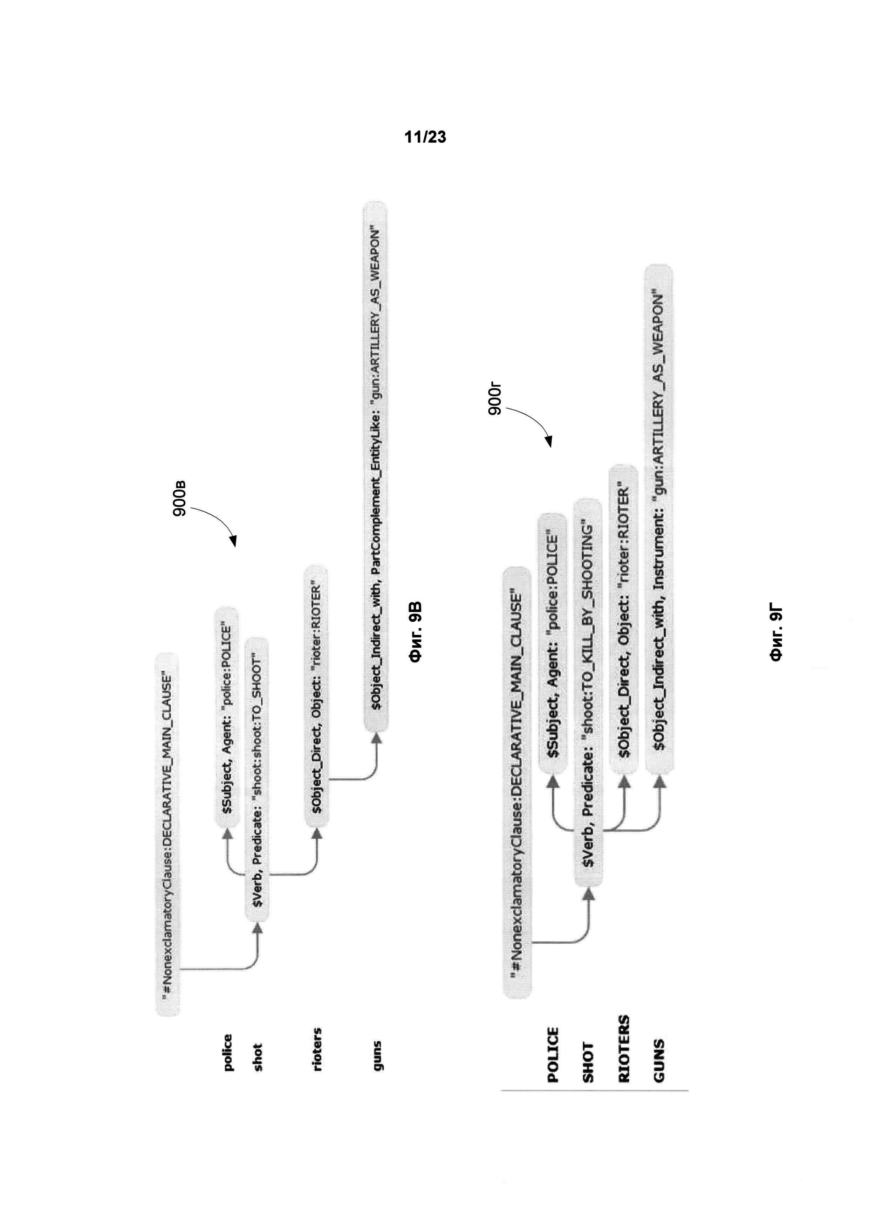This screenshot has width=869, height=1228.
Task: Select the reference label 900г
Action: [495, 399]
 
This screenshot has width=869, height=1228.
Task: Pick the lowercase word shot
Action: [258, 1057]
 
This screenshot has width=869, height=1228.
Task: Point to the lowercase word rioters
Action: [317, 1049]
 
